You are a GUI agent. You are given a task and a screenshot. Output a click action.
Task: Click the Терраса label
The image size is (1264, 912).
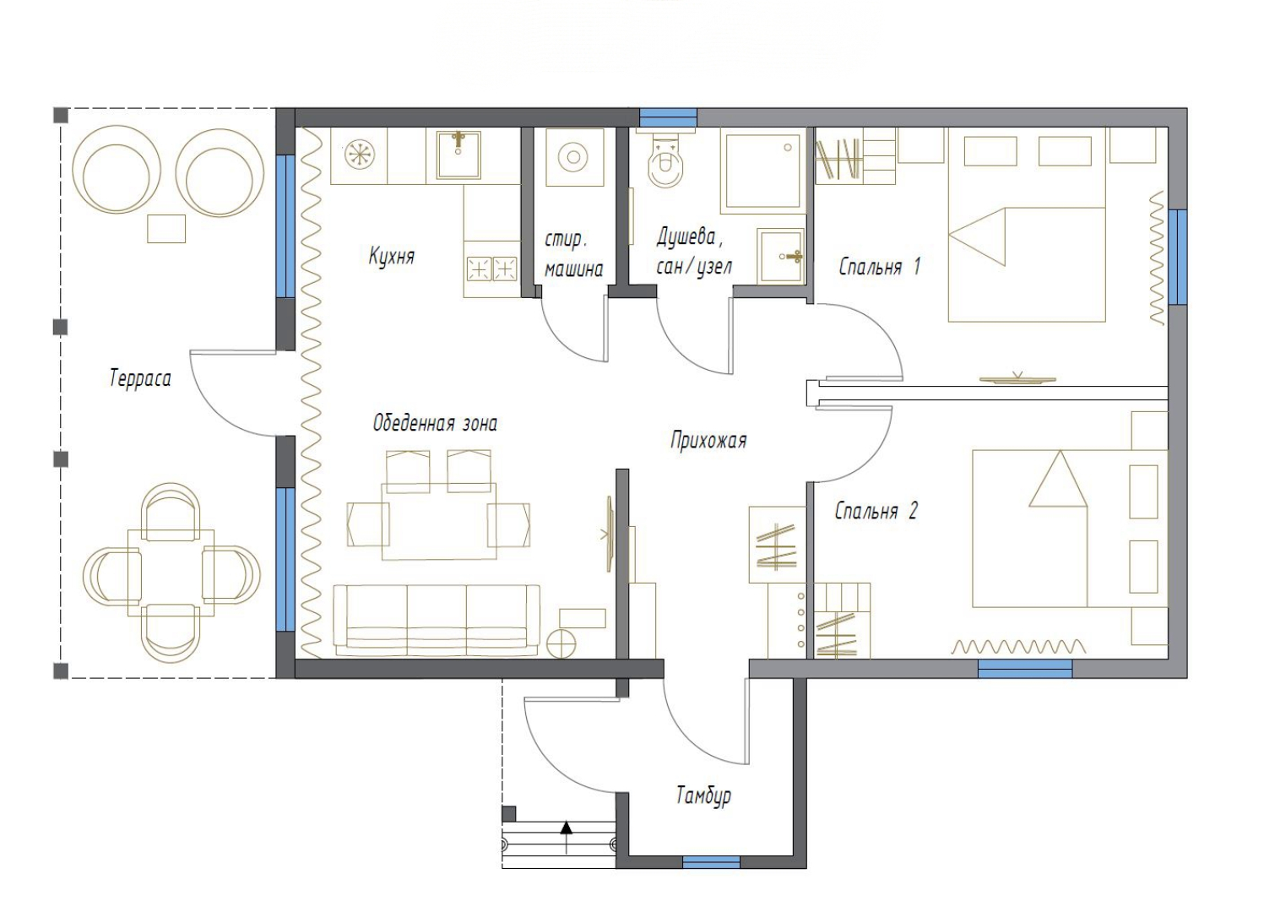click(x=140, y=378)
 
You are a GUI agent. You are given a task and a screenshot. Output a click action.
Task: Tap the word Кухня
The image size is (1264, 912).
click(x=392, y=256)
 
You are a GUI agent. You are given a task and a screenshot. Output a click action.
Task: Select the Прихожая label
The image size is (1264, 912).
click(x=708, y=440)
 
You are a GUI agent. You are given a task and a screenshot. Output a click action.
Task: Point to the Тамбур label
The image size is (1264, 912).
click(x=703, y=795)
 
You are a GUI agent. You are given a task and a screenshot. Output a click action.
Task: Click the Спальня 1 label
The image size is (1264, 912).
click(x=880, y=266)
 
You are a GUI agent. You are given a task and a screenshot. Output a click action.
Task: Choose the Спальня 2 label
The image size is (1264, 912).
click(x=876, y=511)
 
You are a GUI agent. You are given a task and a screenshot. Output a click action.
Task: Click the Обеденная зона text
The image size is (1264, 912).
click(x=435, y=423)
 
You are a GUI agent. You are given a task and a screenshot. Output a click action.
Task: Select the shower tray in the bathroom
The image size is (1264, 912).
click(x=763, y=171)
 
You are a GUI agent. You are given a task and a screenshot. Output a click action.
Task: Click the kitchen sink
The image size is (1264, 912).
click(x=458, y=155)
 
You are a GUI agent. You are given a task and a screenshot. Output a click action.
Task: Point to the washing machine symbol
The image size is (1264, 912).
click(x=573, y=157)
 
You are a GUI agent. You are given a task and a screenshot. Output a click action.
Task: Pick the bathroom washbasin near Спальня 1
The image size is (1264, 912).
click(x=781, y=256)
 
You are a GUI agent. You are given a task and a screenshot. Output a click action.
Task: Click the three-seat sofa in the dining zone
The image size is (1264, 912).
click(x=437, y=621)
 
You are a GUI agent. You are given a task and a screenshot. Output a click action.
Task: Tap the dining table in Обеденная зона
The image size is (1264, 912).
click(x=439, y=522)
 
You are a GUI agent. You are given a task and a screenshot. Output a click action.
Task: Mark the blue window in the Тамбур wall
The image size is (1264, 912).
click(x=711, y=862)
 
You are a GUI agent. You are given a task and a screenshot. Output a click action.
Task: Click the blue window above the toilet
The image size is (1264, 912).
click(x=668, y=117)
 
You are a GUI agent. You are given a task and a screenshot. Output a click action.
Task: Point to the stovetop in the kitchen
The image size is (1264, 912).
click(x=491, y=269)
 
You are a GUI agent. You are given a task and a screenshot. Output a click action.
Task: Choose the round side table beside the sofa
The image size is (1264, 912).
click(x=562, y=643)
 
